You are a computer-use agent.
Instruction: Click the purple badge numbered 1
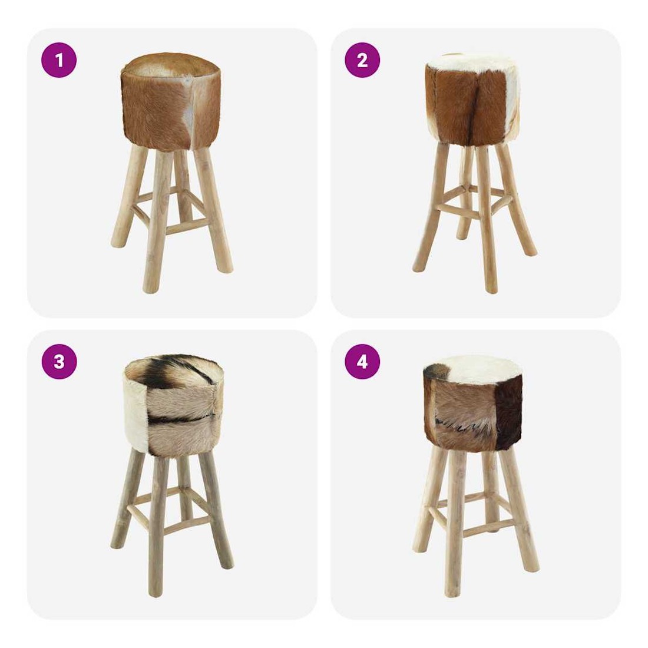point(59,60)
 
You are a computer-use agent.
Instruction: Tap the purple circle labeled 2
point(362,60)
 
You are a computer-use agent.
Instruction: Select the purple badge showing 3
point(59,362)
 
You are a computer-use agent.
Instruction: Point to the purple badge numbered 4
point(362,362)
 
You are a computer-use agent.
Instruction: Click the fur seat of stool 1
point(171,101)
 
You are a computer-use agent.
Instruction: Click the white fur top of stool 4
point(475,369)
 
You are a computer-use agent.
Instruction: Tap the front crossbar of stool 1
point(187,226)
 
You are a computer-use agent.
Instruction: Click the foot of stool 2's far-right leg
point(530,251)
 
